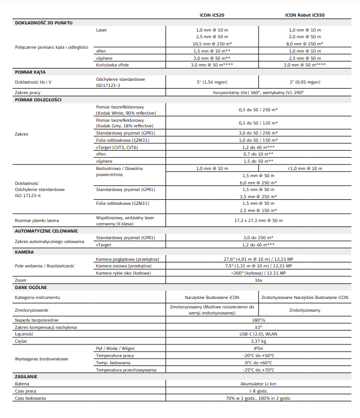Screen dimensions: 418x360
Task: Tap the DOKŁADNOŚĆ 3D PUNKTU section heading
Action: (43, 23)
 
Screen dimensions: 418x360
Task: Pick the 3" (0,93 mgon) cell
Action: (304, 82)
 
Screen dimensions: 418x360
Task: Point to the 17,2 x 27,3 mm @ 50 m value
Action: (258, 220)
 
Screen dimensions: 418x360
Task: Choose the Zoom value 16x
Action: (258, 280)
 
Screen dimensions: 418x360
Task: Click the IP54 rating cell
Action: (258, 348)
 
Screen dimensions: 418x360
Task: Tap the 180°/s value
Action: (258, 320)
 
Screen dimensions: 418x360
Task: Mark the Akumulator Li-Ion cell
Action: (258, 383)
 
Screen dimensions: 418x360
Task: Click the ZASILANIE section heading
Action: (27, 376)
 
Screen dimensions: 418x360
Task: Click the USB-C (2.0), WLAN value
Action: (258, 334)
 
